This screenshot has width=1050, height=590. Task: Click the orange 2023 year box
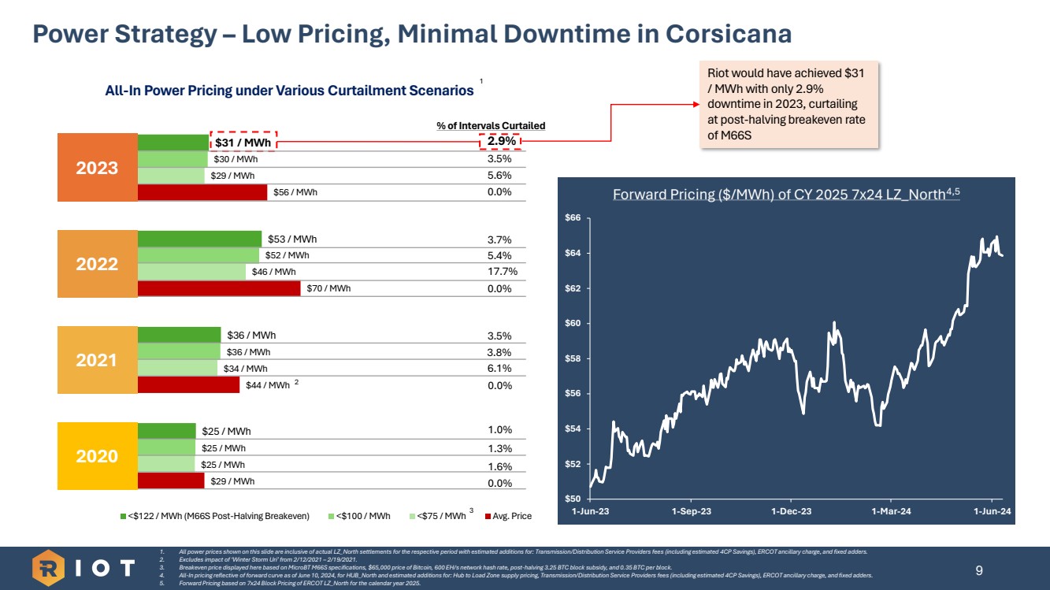pos(98,168)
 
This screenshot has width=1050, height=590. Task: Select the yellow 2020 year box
pos(98,456)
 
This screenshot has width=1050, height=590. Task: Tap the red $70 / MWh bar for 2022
pos(219,288)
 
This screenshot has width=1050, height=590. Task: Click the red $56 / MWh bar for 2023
pos(202,192)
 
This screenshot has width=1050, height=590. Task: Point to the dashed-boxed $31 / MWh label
pos(243,142)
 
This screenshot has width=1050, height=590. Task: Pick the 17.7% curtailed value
pos(499,272)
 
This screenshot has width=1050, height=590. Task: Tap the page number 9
pos(978,570)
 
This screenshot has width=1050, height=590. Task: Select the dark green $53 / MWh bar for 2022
pos(199,239)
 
